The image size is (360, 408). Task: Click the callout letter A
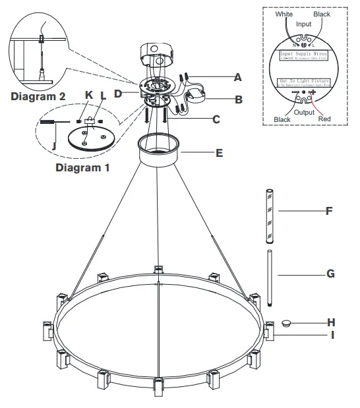[x=238, y=77]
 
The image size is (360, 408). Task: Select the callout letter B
[x=239, y=100]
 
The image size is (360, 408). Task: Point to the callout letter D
[x=118, y=94]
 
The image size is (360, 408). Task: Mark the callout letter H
[x=332, y=322]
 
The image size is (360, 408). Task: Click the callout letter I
[x=332, y=335]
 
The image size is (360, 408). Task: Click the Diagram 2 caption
[x=38, y=96]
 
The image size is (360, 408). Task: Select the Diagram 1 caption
[x=82, y=167]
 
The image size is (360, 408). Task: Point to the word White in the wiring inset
[x=284, y=14]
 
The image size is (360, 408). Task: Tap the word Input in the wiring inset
[x=303, y=24]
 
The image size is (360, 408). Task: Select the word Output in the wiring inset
[x=304, y=113]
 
